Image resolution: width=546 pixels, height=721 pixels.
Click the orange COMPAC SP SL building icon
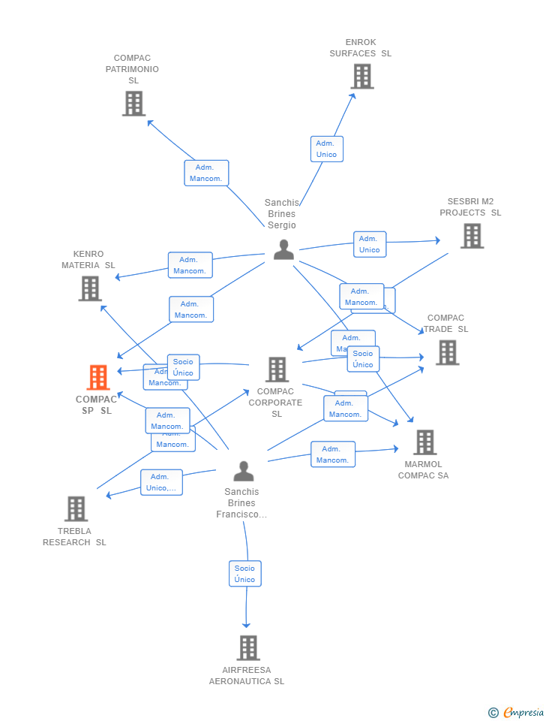(98, 378)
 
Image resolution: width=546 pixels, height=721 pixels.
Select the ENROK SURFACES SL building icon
(361, 77)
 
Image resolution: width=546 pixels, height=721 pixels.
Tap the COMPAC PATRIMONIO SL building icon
(133, 104)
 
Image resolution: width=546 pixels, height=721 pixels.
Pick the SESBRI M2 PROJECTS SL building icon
(471, 236)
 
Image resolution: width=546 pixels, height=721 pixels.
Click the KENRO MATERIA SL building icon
(90, 288)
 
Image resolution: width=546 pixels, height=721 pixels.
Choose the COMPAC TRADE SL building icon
(447, 352)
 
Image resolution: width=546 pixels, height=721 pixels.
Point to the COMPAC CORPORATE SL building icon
(277, 370)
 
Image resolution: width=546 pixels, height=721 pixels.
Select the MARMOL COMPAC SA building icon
(424, 442)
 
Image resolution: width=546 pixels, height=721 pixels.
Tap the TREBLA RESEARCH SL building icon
(76, 508)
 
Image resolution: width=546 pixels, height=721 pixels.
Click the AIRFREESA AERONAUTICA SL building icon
(248, 647)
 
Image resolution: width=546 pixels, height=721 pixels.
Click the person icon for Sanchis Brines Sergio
(283, 249)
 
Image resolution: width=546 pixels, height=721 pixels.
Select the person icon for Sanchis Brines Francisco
(243, 471)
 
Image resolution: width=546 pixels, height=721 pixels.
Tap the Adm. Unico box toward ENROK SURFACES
(326, 149)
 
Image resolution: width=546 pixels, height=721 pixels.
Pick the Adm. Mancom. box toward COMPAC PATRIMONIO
(206, 173)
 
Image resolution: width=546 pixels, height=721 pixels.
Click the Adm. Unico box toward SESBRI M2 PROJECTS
(370, 244)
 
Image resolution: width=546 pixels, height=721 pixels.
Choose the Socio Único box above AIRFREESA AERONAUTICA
(244, 573)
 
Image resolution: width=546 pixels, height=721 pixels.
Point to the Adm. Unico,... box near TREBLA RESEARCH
(161, 482)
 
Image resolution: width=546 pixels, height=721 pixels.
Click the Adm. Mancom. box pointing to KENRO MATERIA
(190, 265)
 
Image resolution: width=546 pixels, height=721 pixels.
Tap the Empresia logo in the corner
(517, 712)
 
